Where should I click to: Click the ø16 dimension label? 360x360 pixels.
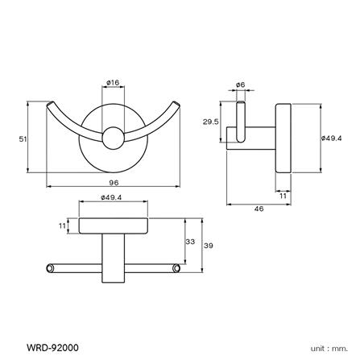tap(114, 81)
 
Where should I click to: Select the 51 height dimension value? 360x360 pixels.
tap(23, 139)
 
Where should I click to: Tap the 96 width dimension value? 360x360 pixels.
tap(114, 183)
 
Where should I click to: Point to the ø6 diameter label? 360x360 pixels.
tap(240, 84)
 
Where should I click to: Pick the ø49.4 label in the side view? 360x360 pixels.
tap(332, 138)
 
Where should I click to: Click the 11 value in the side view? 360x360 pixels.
tap(284, 194)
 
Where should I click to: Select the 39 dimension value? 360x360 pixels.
tap(208, 246)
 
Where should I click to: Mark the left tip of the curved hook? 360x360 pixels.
tap(52, 105)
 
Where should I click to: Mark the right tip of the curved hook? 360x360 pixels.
tap(176, 105)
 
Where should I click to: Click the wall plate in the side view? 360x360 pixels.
tap(283, 138)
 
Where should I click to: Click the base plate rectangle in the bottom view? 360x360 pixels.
tap(113, 228)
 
